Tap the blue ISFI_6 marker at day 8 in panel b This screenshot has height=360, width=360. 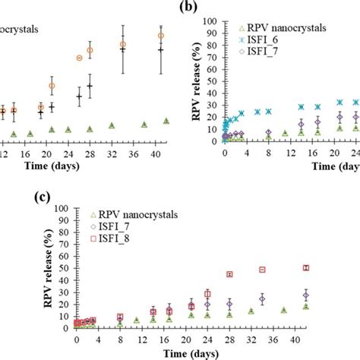pyautogui.click(x=267, y=111)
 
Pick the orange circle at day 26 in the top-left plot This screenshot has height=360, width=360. pyautogui.click(x=79, y=58)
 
